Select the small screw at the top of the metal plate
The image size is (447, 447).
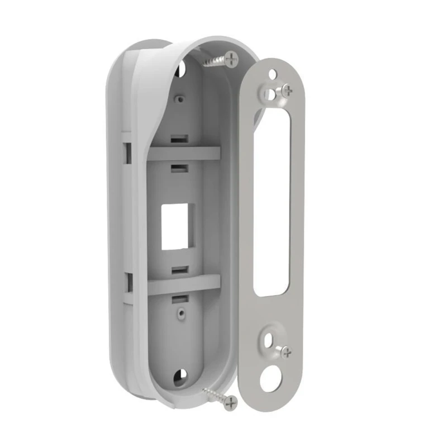(x=284, y=91)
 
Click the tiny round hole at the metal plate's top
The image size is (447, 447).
(x=272, y=73)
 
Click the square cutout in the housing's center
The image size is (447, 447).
(x=175, y=225)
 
